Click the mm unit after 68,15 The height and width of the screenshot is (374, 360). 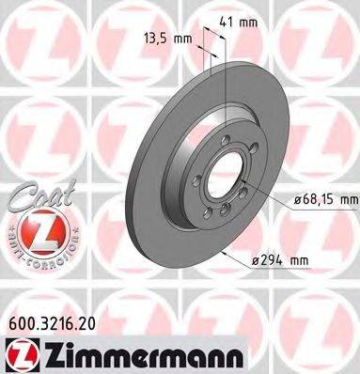tap(348, 199)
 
